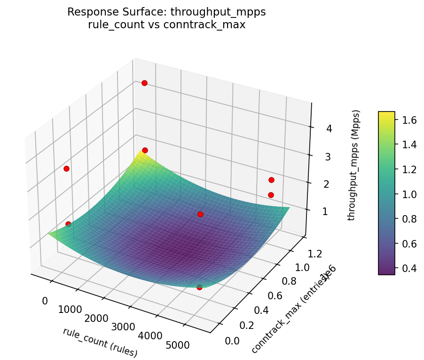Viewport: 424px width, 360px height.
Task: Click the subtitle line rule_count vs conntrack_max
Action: [166, 24]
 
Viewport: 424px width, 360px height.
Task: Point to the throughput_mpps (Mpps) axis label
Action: [355, 165]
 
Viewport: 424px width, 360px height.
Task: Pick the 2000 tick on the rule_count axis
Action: [97, 318]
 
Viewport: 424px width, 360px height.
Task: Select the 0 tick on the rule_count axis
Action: [45, 301]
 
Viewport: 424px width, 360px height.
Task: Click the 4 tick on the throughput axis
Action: [329, 128]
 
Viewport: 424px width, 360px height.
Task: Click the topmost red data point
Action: [144, 83]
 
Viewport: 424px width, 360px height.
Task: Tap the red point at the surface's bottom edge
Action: [199, 287]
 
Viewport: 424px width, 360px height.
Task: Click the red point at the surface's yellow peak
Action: [145, 150]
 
